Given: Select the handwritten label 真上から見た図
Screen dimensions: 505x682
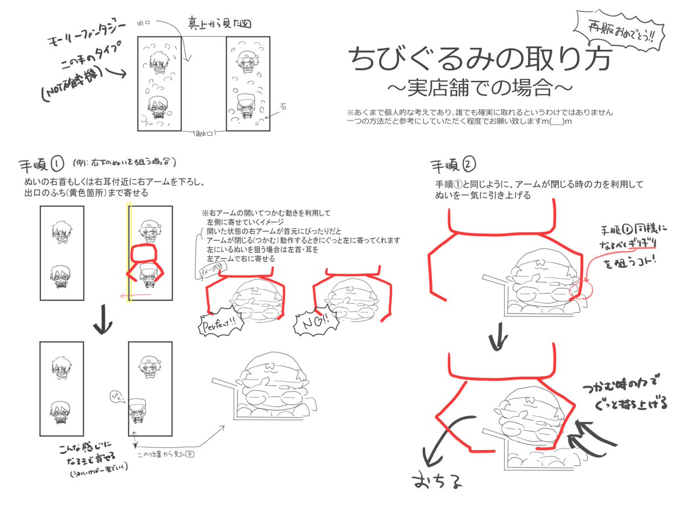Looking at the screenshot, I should click(219, 24).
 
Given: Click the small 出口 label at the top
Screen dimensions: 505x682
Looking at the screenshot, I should click(143, 23).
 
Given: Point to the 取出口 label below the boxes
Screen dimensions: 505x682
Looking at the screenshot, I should click(202, 134).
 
